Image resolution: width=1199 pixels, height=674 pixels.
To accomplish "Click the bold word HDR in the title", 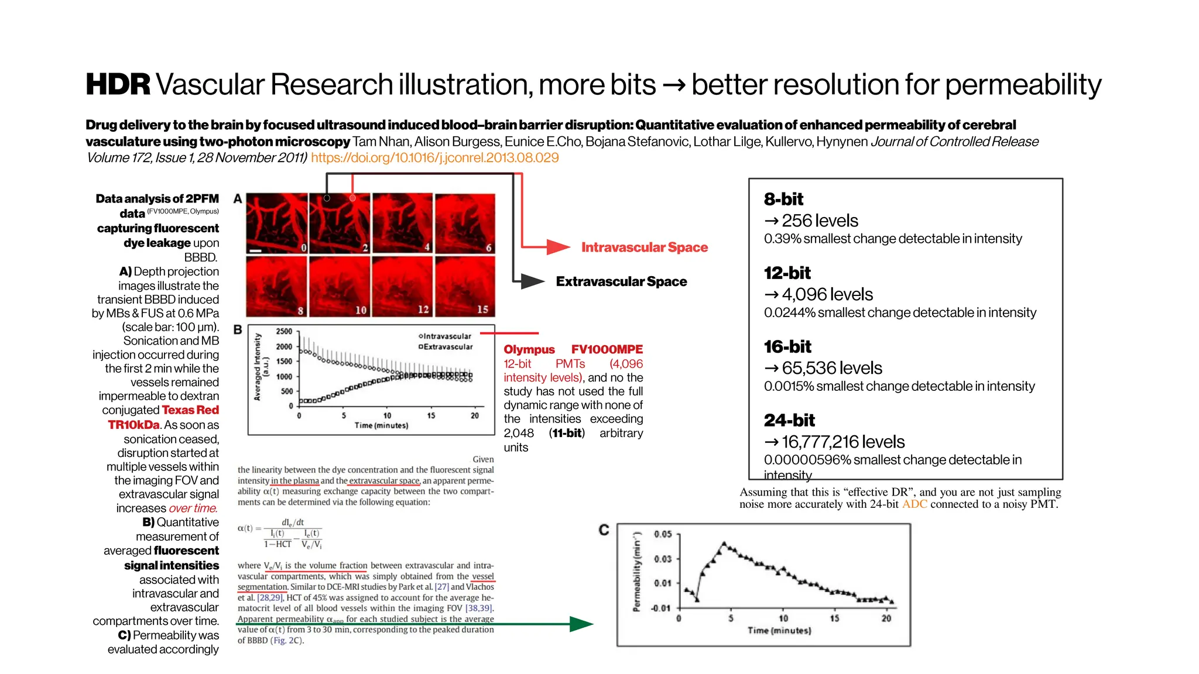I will pyautogui.click(x=118, y=85).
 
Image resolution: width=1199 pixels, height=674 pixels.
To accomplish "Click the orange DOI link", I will pyautogui.click(x=434, y=158).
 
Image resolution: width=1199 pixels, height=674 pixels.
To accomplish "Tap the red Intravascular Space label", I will pyautogui.click(x=644, y=247).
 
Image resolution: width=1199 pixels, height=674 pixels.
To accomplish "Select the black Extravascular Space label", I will pyautogui.click(x=621, y=281).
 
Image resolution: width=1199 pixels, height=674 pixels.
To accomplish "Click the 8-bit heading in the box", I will pyautogui.click(x=783, y=200).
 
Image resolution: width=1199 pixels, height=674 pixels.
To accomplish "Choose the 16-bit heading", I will pyautogui.click(x=787, y=347).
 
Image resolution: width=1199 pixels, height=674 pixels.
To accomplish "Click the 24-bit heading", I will pyautogui.click(x=789, y=421).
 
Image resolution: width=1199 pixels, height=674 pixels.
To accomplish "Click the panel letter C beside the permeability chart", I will pyautogui.click(x=604, y=530).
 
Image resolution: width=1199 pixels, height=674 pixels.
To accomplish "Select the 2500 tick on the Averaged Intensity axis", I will pyautogui.click(x=284, y=332).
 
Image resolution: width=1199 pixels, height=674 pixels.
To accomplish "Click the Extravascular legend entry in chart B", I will pyautogui.click(x=446, y=347).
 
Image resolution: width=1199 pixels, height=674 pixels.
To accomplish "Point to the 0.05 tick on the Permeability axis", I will pyautogui.click(x=663, y=534).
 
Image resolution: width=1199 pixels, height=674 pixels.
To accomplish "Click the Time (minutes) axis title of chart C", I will pyautogui.click(x=779, y=631).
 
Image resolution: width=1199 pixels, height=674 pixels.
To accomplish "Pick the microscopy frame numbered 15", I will pyautogui.click(x=465, y=287).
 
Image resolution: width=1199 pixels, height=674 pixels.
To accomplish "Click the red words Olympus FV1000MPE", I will pyautogui.click(x=573, y=349).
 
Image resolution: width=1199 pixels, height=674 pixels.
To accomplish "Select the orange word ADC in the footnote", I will pyautogui.click(x=914, y=504).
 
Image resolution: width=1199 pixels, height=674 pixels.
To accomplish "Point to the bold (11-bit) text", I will pyautogui.click(x=567, y=434).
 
